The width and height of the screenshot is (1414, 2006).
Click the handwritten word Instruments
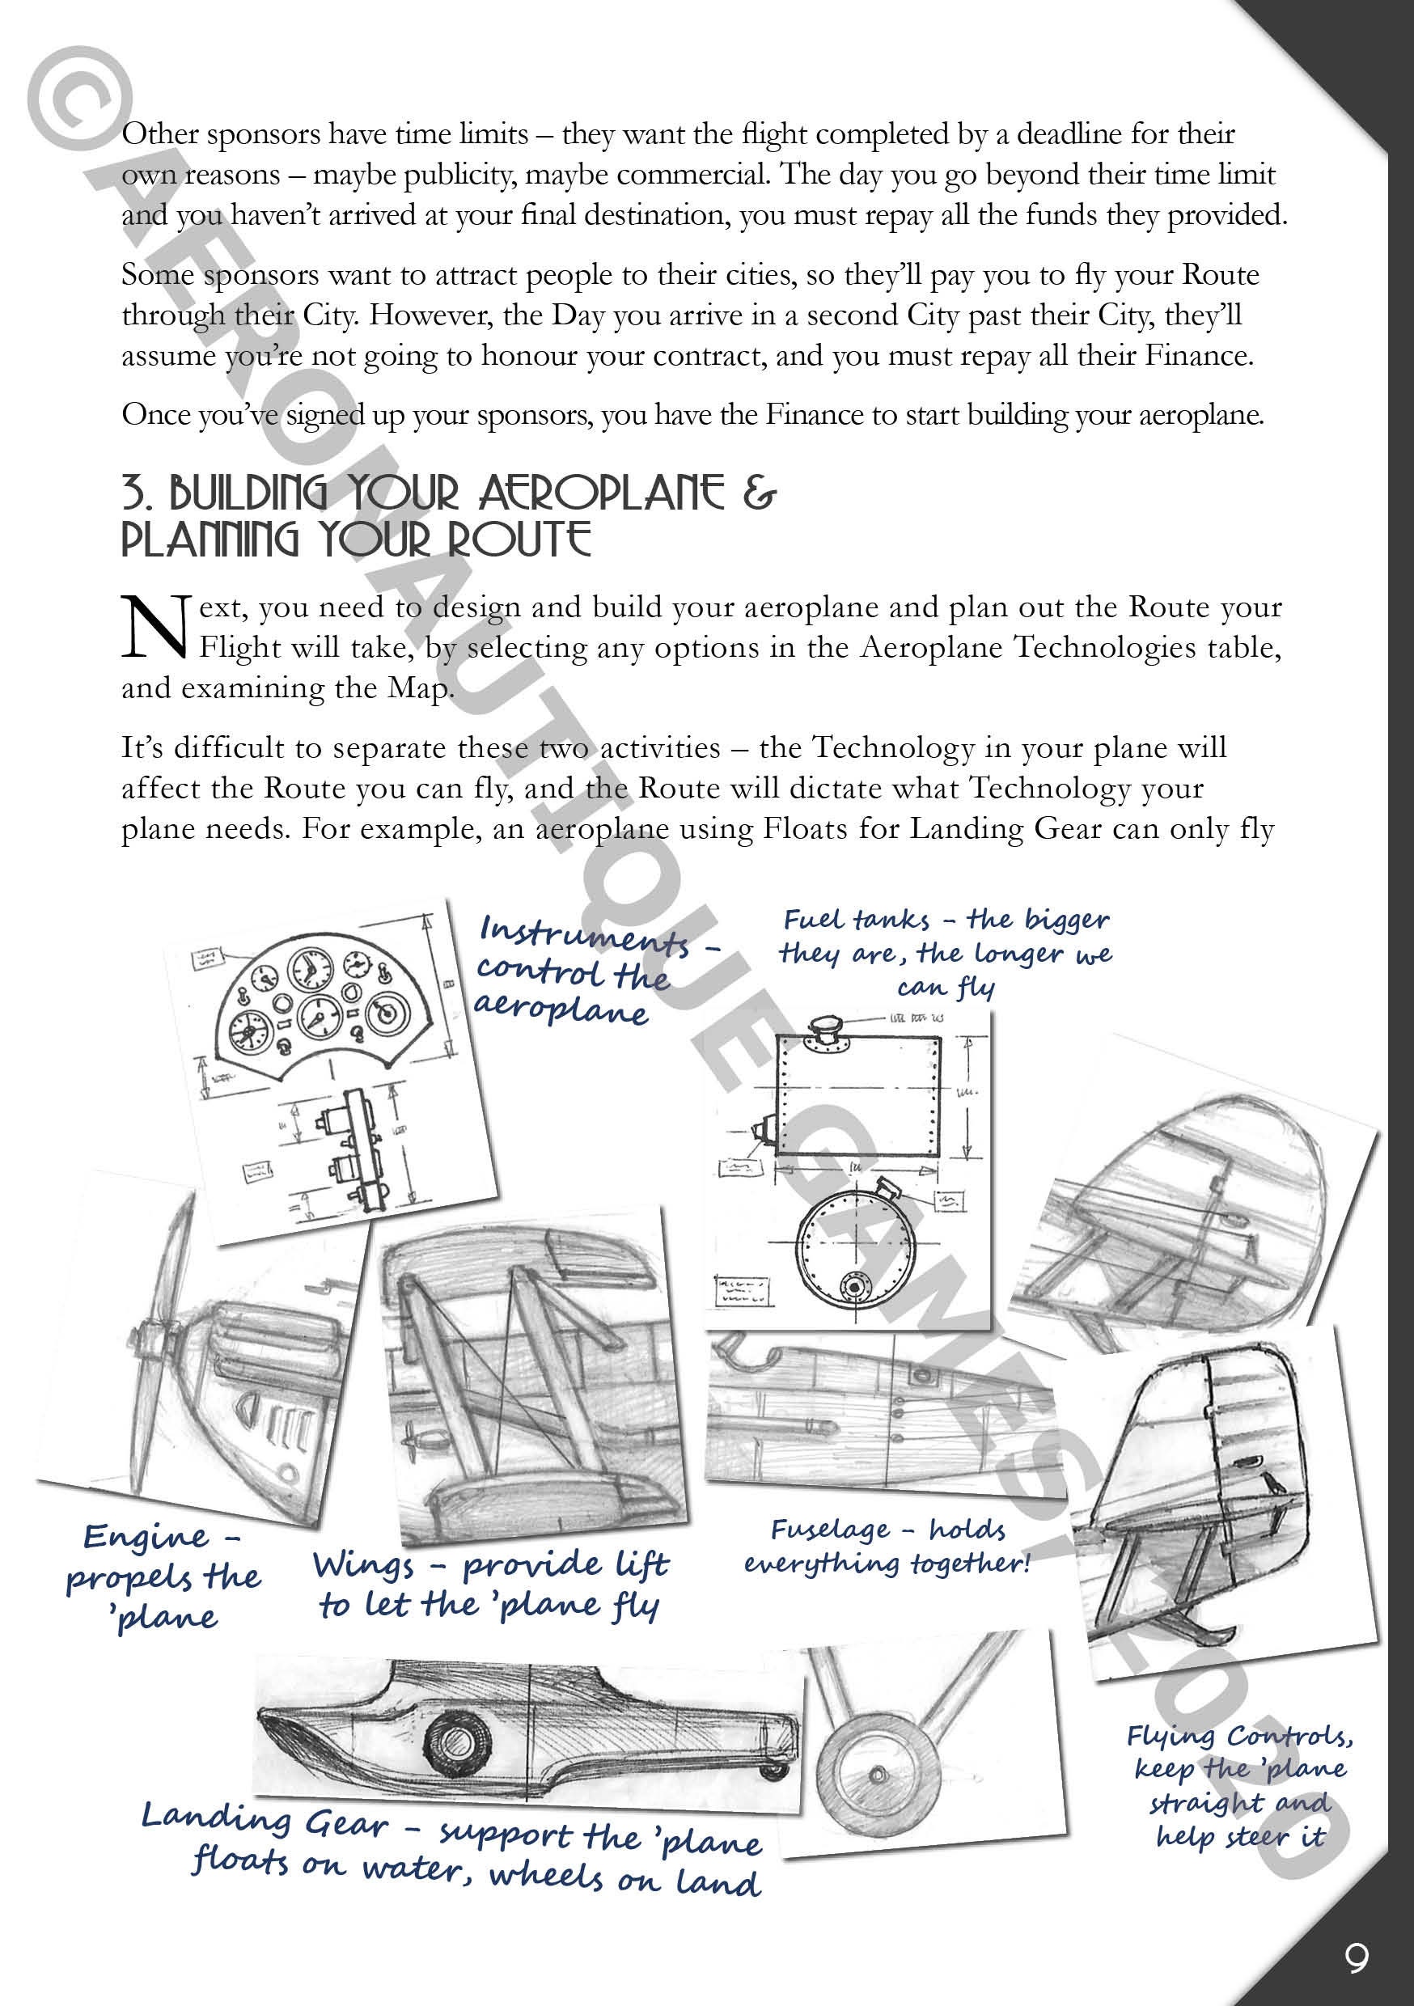pos(584,937)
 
